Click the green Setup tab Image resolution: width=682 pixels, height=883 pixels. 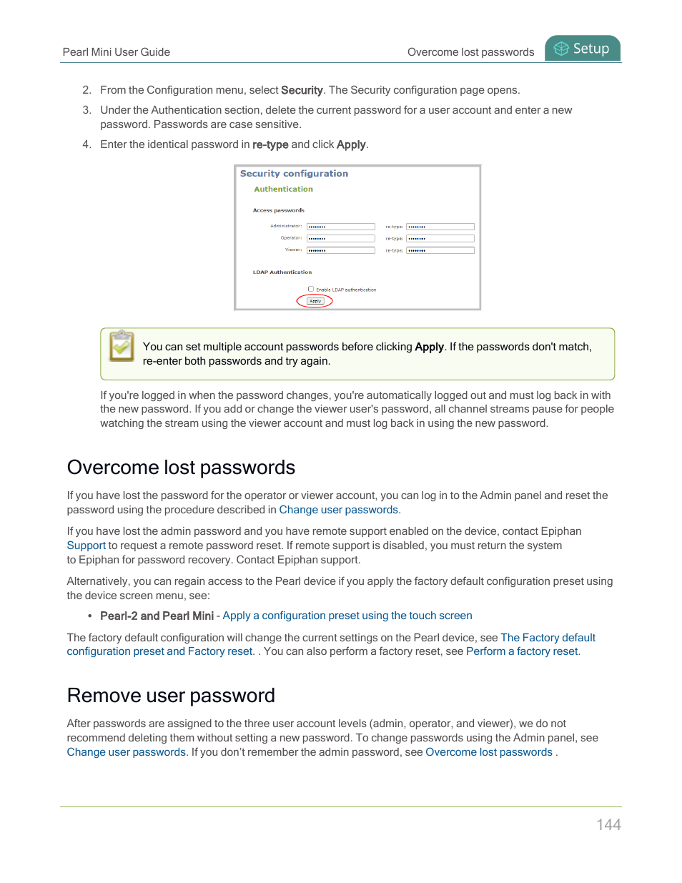[583, 49]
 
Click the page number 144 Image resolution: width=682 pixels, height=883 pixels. [608, 824]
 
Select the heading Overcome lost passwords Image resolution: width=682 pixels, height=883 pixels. [181, 468]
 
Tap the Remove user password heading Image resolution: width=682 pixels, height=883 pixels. [171, 696]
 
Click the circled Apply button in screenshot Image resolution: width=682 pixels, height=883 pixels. [315, 301]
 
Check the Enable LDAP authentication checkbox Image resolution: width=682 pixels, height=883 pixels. [311, 289]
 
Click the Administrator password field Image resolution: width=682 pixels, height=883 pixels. [340, 227]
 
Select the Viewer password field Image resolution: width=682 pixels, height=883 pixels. [340, 250]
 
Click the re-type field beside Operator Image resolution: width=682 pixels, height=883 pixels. [440, 239]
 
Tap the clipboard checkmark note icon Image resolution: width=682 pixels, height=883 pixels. [122, 346]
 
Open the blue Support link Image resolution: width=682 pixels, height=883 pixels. [86, 546]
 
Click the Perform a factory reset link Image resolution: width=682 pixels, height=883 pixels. [522, 651]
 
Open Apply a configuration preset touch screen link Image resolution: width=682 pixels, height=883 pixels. [347, 616]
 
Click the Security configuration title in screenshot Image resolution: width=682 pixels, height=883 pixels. [294, 174]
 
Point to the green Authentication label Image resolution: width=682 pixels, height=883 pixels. [283, 189]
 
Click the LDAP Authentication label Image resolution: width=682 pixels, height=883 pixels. [282, 272]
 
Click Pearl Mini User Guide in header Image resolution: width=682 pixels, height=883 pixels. [116, 52]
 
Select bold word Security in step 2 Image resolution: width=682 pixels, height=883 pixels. [302, 90]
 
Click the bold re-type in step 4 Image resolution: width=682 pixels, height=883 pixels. [270, 144]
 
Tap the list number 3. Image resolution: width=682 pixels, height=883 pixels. [87, 110]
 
